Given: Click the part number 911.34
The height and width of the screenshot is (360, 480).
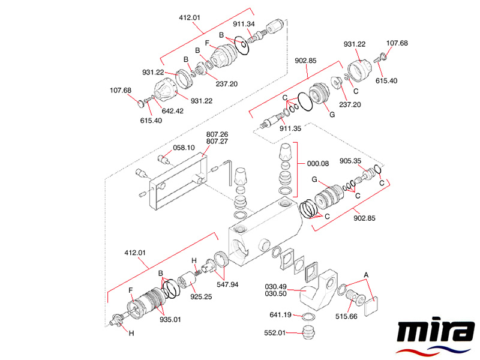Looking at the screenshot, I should click(x=244, y=24).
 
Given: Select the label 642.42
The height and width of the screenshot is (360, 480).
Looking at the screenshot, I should click(x=171, y=110).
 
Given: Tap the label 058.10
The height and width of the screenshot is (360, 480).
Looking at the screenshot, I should click(x=184, y=148).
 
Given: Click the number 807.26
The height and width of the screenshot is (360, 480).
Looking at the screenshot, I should click(x=217, y=134).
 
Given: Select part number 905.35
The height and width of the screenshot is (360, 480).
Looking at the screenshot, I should click(x=350, y=161).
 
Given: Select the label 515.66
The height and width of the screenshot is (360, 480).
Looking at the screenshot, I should click(x=347, y=316).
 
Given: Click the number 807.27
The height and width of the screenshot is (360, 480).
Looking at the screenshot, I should click(x=217, y=142).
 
